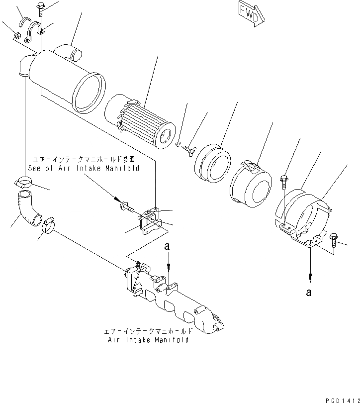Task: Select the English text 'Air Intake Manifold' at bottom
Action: pyautogui.click(x=148, y=340)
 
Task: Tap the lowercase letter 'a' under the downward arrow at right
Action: pyautogui.click(x=310, y=293)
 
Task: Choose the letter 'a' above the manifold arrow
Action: pyautogui.click(x=169, y=246)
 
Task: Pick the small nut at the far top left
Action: pyautogui.click(x=16, y=36)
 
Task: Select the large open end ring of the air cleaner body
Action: pyautogui.click(x=90, y=91)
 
